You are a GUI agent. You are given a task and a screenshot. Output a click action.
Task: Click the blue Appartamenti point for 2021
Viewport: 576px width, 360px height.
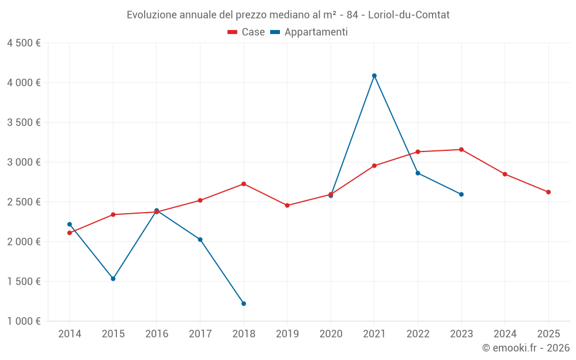point(374,75)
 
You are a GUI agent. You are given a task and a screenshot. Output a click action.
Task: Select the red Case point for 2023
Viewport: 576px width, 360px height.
point(461,150)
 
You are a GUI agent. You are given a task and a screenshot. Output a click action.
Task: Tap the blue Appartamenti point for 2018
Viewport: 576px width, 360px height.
point(244,304)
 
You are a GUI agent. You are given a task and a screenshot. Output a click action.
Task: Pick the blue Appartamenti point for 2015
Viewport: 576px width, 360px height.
point(113,279)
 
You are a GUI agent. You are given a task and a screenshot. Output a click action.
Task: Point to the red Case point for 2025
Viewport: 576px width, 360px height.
point(548,192)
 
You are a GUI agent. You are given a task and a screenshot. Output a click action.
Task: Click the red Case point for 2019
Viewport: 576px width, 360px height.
point(287,206)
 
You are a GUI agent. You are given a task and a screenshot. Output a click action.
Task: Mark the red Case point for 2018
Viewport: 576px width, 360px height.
point(244,184)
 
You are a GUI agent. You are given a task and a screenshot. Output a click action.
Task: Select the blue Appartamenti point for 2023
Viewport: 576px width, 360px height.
point(461,194)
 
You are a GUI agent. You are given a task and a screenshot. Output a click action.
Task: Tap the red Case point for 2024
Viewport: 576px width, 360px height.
point(505,174)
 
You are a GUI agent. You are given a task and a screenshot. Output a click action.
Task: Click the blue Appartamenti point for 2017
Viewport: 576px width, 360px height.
point(200,240)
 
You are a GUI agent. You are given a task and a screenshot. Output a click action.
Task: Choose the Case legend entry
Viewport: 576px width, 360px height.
point(247,32)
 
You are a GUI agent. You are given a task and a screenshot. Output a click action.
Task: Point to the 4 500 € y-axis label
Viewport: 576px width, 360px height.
point(24,43)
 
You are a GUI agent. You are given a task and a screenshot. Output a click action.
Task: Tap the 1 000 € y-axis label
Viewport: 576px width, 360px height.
point(24,321)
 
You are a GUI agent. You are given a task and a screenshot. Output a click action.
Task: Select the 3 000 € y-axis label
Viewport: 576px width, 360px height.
point(24,162)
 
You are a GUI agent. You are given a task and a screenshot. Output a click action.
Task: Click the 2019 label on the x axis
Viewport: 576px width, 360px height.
point(287,334)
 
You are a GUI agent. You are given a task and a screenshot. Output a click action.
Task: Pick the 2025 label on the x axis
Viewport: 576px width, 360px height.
point(548,334)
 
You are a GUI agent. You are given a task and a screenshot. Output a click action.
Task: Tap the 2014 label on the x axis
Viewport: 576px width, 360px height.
point(70,334)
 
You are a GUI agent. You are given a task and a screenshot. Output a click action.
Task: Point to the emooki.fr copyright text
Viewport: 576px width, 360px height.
point(526,348)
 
